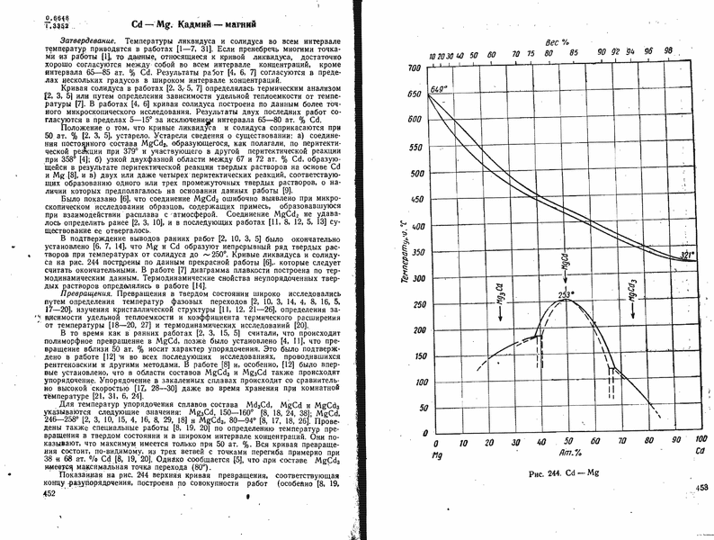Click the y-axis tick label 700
click(415, 68)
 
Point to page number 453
click(701, 513)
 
